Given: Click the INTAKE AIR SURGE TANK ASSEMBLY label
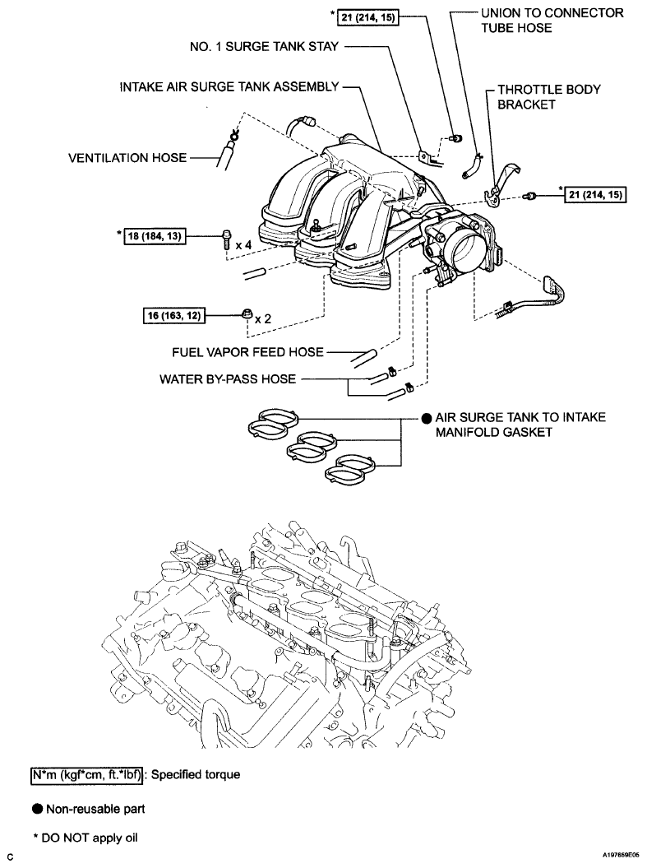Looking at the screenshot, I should (229, 86).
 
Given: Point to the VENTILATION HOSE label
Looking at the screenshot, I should (127, 156).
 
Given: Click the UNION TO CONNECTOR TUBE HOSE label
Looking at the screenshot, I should (552, 20).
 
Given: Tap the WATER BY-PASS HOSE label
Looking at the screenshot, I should (229, 380).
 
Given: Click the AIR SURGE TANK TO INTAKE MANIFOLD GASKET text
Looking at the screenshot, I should (520, 425).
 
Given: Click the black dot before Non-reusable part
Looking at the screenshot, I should (37, 809).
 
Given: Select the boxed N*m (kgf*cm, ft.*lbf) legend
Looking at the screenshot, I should (82, 775).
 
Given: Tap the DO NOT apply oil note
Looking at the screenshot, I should (86, 838).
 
